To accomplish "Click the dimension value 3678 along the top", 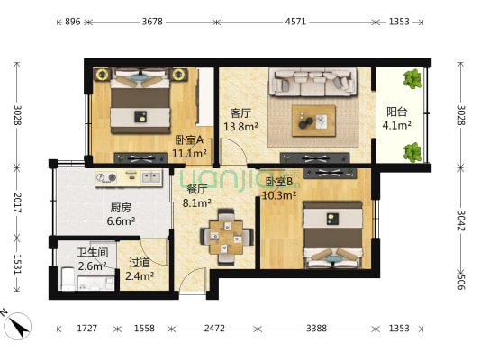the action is point(152,22).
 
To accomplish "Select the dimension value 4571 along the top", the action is point(295,22).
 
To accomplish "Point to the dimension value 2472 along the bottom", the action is point(214,328).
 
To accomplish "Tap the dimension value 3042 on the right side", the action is point(461,220).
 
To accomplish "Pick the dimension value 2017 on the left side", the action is point(17,202).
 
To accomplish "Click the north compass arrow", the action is point(19,326).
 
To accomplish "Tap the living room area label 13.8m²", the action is point(240,126).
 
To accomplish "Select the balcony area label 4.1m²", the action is point(397,125).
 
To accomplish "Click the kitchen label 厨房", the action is point(121,208).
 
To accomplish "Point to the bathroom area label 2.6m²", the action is point(92,266).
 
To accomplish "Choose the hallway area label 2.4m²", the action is point(140,276).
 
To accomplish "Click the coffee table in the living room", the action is point(313,121).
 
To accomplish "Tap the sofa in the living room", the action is point(312,82).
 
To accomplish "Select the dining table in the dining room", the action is point(226,237).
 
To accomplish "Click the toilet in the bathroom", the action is point(68,279).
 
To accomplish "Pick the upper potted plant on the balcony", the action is point(413,78).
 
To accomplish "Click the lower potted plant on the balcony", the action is point(413,152).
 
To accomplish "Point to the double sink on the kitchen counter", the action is point(151,177).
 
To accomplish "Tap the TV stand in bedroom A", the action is point(140,157).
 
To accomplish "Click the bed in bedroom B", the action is point(332,235).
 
